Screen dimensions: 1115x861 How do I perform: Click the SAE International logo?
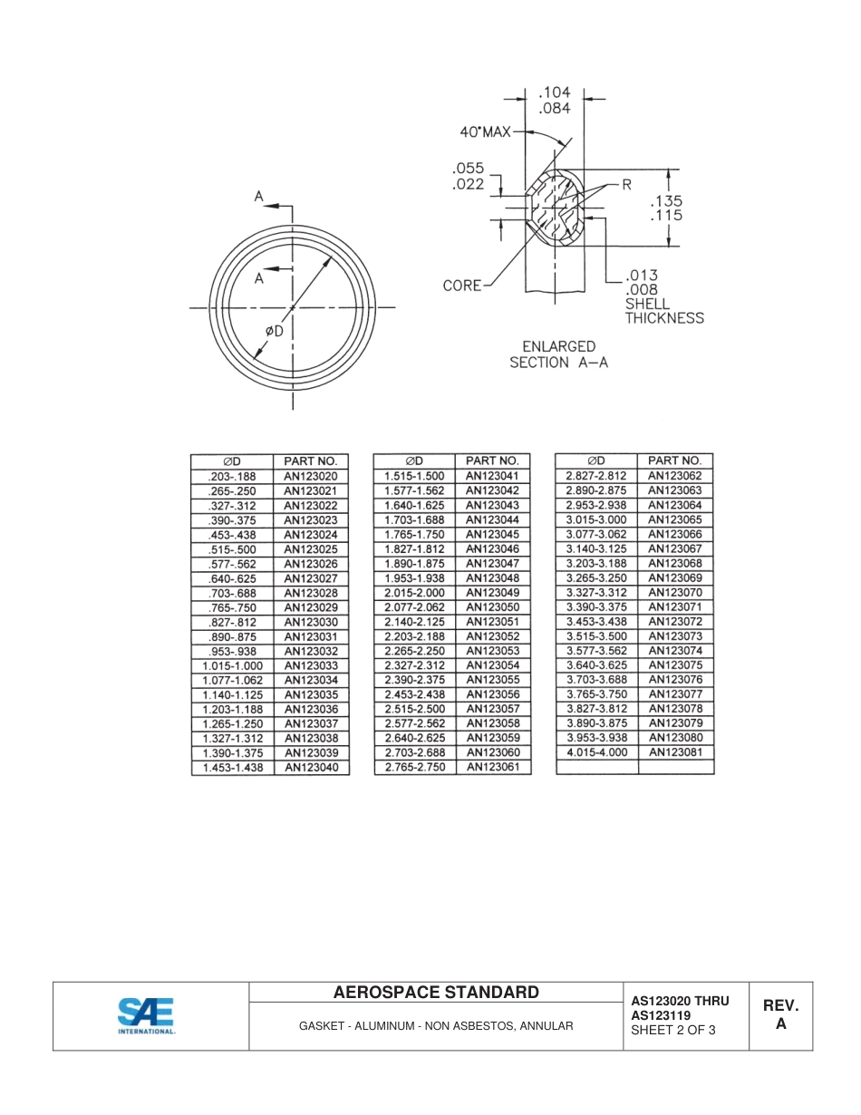146,1015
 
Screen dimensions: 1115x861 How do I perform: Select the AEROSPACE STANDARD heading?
436,993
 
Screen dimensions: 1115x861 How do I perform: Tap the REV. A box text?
780,1015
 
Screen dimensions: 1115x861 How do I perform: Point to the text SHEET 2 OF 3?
672,1030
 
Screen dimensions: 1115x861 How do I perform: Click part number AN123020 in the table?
311,476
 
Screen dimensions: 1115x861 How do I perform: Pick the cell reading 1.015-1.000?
233,665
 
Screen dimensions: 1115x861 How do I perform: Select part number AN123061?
492,767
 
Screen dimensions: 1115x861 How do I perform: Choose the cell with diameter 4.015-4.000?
596,752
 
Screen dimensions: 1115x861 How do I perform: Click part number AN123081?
675,752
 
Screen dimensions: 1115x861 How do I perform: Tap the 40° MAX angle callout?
485,132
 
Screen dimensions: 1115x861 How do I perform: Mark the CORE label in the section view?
462,286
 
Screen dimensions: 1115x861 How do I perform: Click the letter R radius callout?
625,185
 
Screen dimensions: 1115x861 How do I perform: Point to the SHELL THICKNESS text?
663,311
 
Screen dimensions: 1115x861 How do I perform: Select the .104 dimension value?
554,92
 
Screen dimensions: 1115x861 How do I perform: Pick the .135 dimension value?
666,200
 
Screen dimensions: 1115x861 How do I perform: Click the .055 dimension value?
468,169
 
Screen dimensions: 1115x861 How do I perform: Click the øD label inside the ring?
274,331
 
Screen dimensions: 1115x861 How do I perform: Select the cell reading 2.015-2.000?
414,592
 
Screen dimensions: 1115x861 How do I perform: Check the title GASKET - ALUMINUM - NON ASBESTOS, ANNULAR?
436,1026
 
